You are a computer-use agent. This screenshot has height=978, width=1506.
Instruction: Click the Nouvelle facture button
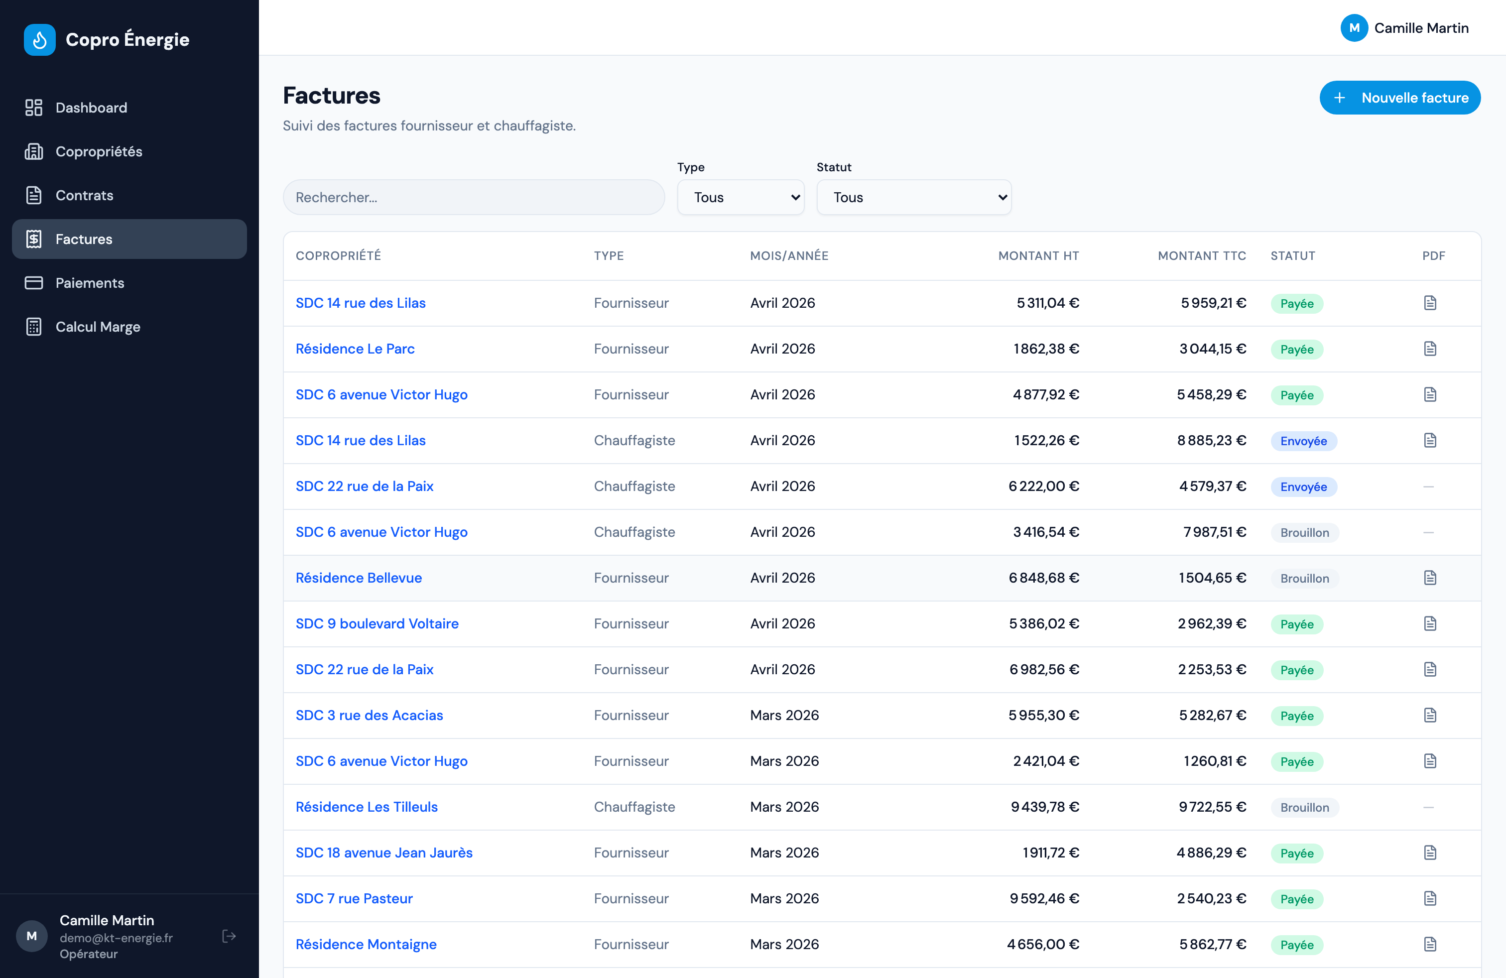pyautogui.click(x=1400, y=98)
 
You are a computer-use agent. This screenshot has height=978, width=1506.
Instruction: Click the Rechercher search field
pyautogui.click(x=473, y=197)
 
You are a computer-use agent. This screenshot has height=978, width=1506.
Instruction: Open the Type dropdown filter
pyautogui.click(x=741, y=197)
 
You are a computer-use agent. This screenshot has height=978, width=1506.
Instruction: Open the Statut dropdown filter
pyautogui.click(x=914, y=197)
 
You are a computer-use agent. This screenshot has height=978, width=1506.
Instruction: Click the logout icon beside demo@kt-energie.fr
pyautogui.click(x=229, y=936)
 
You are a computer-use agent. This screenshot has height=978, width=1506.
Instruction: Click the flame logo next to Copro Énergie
pyautogui.click(x=40, y=40)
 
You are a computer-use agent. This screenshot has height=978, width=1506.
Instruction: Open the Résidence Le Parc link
pyautogui.click(x=355, y=349)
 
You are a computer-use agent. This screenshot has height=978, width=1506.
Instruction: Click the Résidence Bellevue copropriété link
pyautogui.click(x=359, y=578)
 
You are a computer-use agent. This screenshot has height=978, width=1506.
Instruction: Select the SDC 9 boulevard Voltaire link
pyautogui.click(x=377, y=624)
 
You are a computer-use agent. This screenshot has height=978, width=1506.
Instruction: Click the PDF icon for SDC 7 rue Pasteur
pyautogui.click(x=1430, y=898)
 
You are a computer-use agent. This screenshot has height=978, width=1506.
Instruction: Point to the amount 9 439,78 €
pyautogui.click(x=1045, y=807)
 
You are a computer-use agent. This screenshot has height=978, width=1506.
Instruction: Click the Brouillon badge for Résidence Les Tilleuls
pyautogui.click(x=1305, y=808)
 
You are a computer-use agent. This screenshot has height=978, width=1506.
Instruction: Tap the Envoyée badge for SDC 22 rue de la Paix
pyautogui.click(x=1303, y=487)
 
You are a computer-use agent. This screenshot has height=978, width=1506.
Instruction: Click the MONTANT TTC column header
pyautogui.click(x=1202, y=255)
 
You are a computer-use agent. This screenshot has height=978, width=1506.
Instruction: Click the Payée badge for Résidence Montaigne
pyautogui.click(x=1296, y=945)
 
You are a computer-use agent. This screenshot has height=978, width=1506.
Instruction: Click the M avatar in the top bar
pyautogui.click(x=1354, y=28)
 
